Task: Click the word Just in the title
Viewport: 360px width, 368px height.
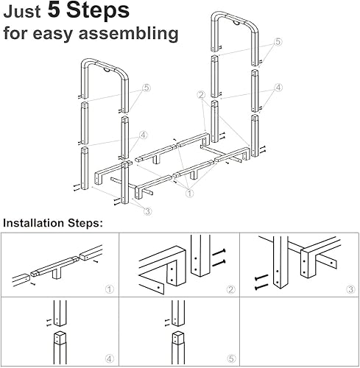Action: [21, 12]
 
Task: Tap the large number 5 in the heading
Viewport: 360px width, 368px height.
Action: [54, 10]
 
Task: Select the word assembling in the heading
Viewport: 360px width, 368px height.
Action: [128, 34]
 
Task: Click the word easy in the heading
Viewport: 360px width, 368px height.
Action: [52, 35]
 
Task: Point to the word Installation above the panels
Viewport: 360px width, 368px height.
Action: [34, 223]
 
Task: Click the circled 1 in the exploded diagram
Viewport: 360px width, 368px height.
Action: [190, 194]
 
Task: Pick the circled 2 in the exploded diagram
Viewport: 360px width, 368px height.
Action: [202, 95]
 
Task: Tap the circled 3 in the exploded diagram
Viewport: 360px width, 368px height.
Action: [147, 211]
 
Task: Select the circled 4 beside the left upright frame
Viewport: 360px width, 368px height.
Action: [144, 135]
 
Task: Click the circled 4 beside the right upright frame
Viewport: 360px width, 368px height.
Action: [278, 88]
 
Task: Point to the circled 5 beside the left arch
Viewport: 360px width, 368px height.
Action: [147, 88]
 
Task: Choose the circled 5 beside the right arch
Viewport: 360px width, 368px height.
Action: [278, 42]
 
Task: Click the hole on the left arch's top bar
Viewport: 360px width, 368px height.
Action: [107, 70]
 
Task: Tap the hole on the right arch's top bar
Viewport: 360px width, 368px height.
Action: [236, 23]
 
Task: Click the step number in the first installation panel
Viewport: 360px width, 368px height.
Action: [110, 289]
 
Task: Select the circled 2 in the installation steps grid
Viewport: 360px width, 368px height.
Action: [230, 290]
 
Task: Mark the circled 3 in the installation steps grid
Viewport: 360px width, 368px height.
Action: [350, 289]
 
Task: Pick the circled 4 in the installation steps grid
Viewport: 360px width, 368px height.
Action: [110, 359]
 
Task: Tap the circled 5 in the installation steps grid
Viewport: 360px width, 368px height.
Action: [231, 359]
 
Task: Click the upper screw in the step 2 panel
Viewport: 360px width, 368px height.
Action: [219, 252]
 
